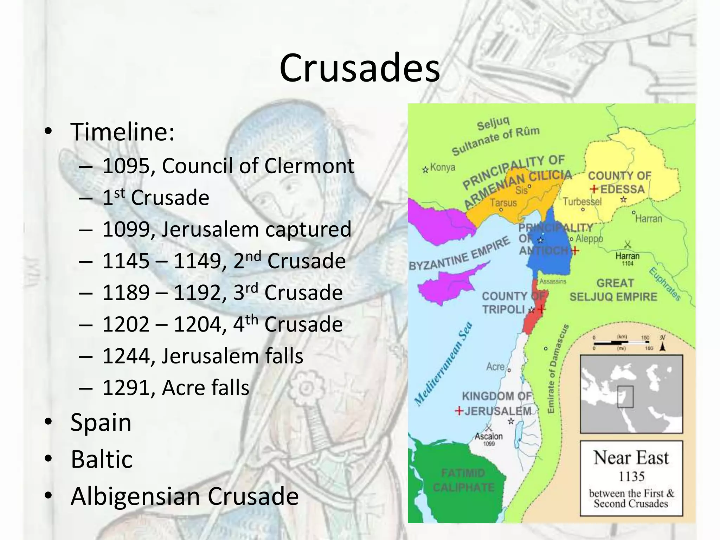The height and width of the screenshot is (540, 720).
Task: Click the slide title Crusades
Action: [359, 67]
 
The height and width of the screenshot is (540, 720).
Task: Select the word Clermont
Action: [309, 166]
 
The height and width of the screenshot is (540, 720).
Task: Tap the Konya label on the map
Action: [442, 168]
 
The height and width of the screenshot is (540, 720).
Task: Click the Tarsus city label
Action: [503, 203]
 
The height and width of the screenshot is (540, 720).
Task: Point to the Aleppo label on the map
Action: [589, 239]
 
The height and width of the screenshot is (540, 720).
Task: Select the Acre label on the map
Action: [495, 367]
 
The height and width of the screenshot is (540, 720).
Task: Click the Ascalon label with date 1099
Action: [489, 436]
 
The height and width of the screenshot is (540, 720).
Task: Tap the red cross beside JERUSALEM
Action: [459, 411]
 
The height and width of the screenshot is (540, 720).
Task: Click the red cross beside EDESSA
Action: [594, 189]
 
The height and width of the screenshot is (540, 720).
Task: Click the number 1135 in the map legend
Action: [631, 477]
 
